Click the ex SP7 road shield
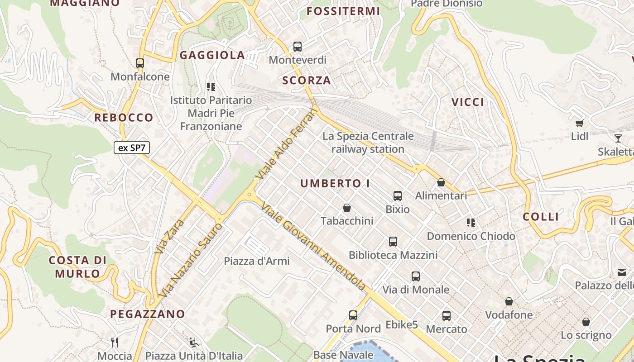[x=131, y=148]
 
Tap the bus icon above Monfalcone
[x=140, y=63]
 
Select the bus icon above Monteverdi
[x=298, y=47]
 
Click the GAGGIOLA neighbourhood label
[x=212, y=55]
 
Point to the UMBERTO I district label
[x=335, y=183]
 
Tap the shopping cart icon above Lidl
[x=579, y=123]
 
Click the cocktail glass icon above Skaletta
[x=618, y=138]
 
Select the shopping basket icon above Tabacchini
[x=347, y=208]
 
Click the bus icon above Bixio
[x=398, y=196]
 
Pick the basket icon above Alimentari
[x=441, y=183]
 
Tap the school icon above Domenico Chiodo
[x=471, y=223]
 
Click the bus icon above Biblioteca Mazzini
[x=393, y=242]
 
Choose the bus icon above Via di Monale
[x=416, y=276]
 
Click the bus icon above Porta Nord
[x=353, y=315]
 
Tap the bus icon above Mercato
[x=447, y=316]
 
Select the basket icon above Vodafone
[x=509, y=301]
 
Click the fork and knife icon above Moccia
[x=115, y=342]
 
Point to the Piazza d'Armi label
[x=257, y=261]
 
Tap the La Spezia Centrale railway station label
[x=368, y=143]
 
